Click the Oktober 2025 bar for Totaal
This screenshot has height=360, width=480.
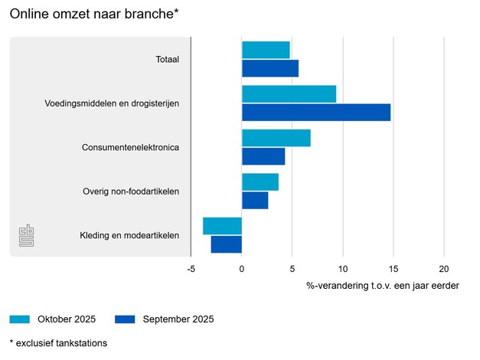click(x=266, y=50)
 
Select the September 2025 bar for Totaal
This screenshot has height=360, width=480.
click(x=270, y=68)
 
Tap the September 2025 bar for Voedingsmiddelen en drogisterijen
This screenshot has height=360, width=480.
click(x=316, y=112)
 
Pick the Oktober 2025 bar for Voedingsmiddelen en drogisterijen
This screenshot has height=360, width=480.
click(x=289, y=93)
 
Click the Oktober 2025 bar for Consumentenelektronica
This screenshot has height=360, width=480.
click(x=276, y=138)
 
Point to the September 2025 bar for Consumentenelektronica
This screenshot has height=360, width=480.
click(x=263, y=156)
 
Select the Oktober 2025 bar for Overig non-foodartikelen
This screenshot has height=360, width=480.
click(x=260, y=182)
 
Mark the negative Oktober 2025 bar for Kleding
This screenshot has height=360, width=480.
click(x=222, y=226)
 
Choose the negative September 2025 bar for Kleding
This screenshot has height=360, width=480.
click(x=227, y=244)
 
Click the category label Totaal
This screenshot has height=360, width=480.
click(x=166, y=60)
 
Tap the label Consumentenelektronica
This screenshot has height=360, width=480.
click(x=130, y=147)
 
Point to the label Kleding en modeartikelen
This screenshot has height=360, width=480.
click(x=129, y=235)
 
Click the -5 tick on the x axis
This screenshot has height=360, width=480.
click(x=191, y=269)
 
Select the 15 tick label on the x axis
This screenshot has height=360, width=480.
click(x=393, y=269)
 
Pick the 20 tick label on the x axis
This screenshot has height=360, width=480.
click(x=443, y=269)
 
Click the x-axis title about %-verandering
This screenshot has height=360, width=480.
click(x=383, y=286)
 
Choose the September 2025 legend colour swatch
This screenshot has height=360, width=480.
click(x=124, y=319)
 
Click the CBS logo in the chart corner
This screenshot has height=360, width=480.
click(x=28, y=236)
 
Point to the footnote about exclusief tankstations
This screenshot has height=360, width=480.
click(x=58, y=343)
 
